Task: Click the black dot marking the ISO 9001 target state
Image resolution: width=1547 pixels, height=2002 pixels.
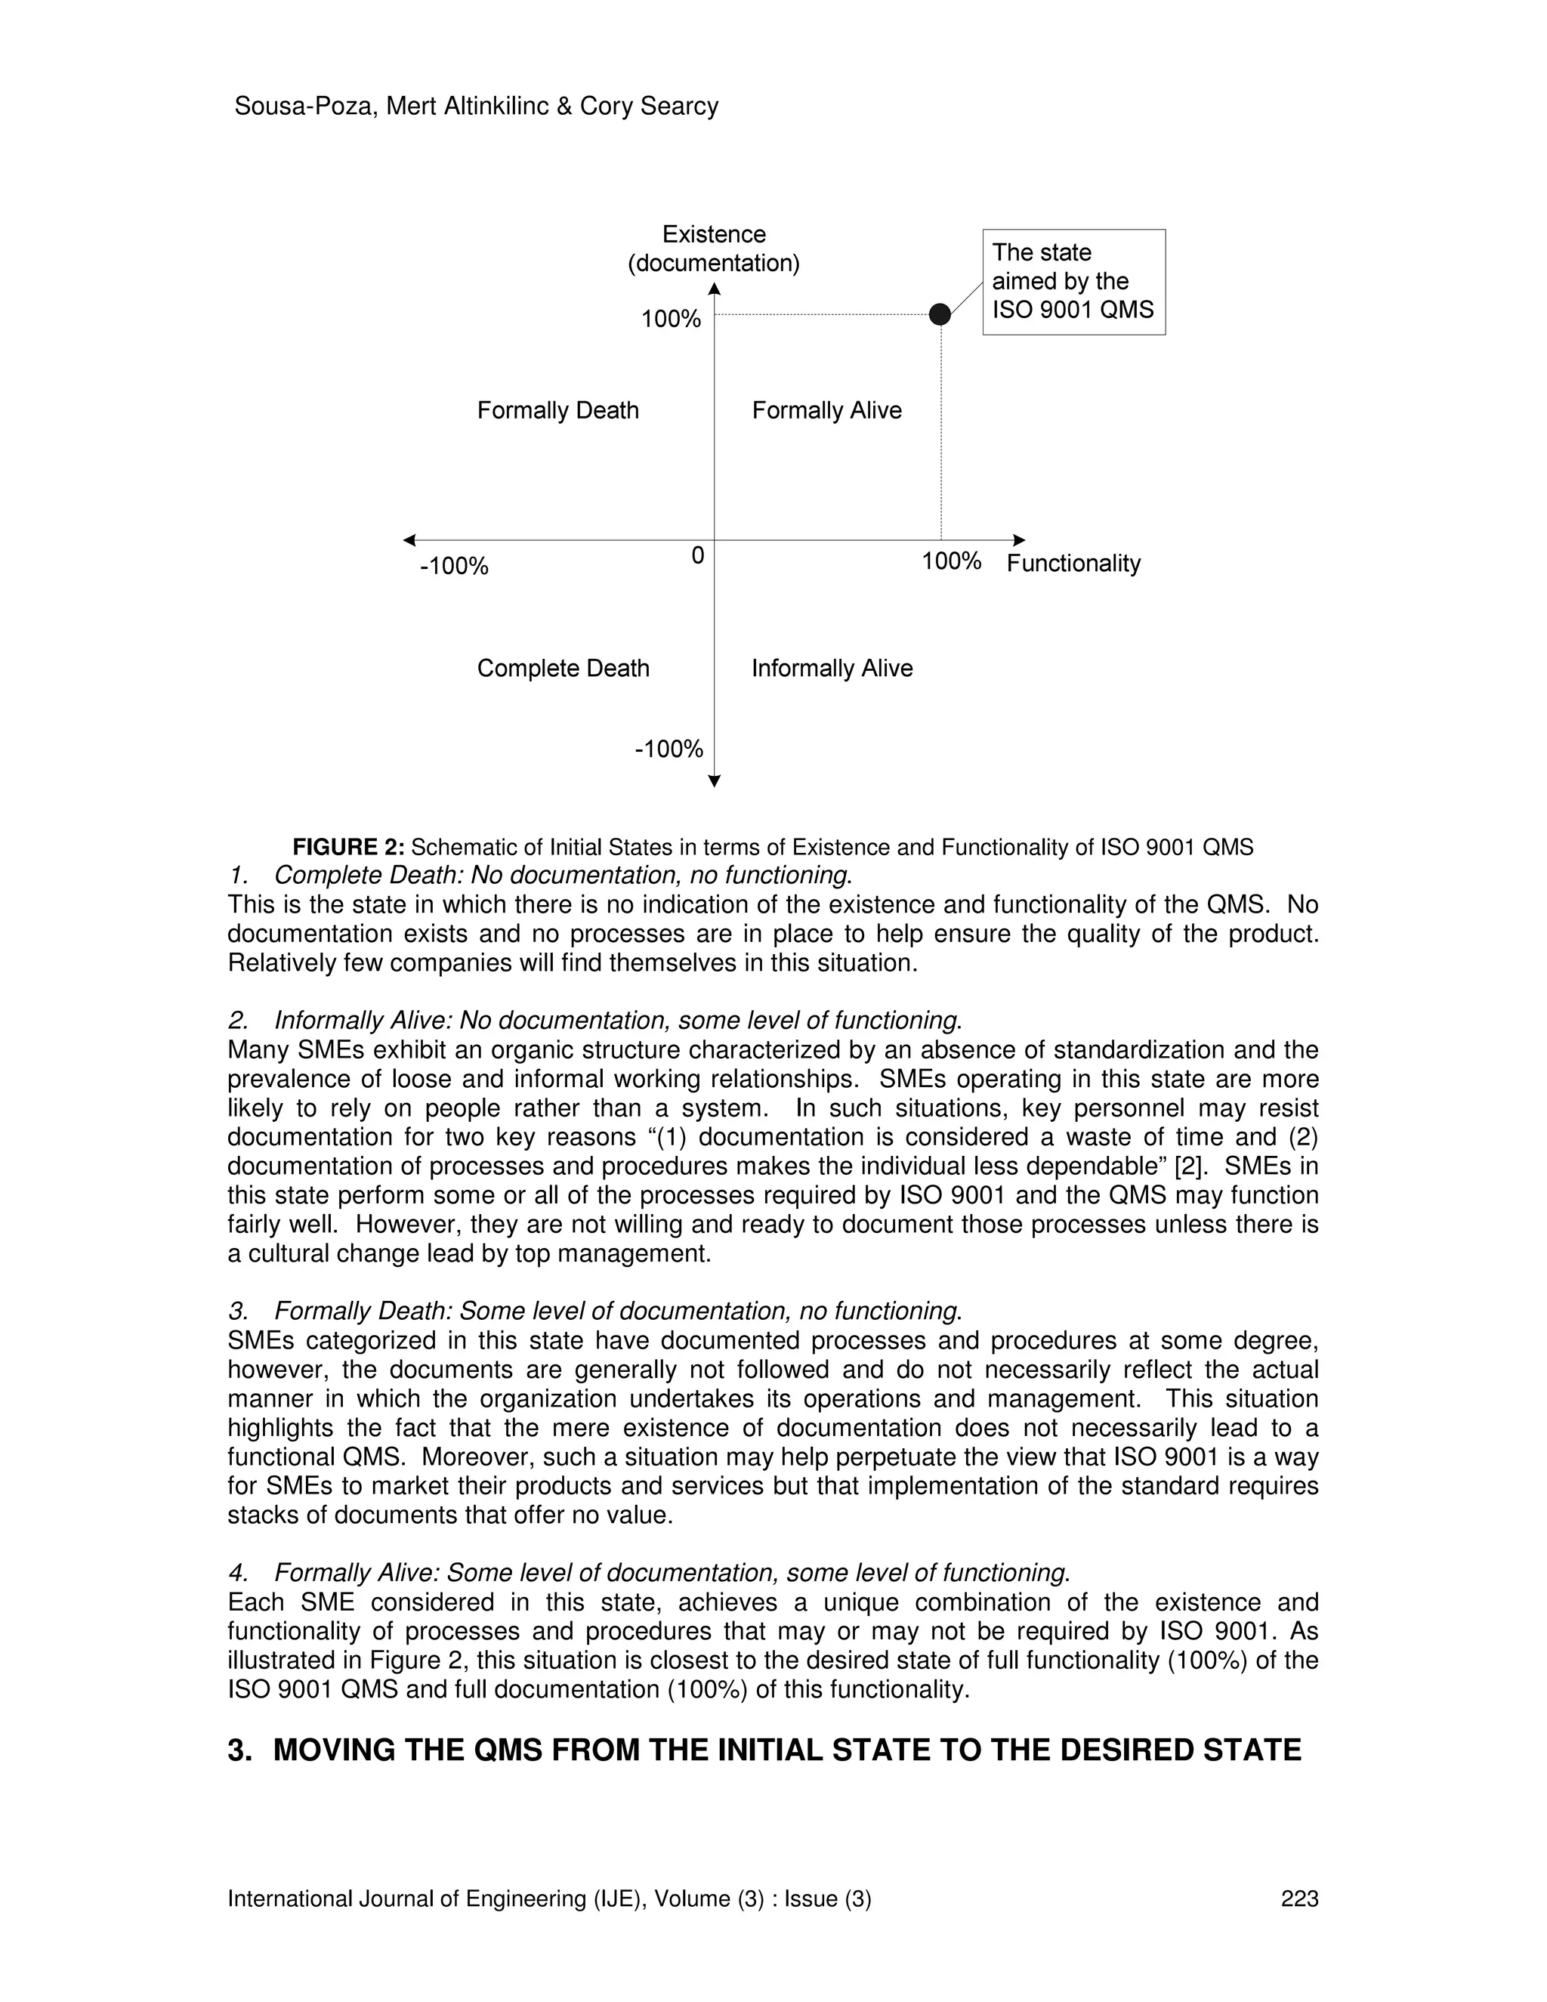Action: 940,314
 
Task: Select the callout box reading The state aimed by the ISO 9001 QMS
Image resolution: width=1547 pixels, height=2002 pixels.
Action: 1073,282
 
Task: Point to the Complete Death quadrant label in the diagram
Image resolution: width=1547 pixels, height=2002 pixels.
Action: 563,669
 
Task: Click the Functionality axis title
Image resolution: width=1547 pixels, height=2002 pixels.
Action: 1073,563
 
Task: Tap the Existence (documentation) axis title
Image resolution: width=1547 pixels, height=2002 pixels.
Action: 713,249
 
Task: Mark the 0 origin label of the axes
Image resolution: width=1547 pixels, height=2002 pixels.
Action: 697,555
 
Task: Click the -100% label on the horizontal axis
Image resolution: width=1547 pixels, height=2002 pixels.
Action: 454,566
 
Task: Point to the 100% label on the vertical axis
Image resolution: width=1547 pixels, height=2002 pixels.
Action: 671,319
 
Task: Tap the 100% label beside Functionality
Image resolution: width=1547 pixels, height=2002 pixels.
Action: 951,561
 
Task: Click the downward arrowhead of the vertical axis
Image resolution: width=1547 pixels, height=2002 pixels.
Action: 715,781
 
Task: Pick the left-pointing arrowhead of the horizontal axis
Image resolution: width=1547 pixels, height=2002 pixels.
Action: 409,540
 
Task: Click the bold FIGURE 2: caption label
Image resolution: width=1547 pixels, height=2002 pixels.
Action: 348,847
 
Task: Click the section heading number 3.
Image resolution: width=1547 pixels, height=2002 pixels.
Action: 239,1750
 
